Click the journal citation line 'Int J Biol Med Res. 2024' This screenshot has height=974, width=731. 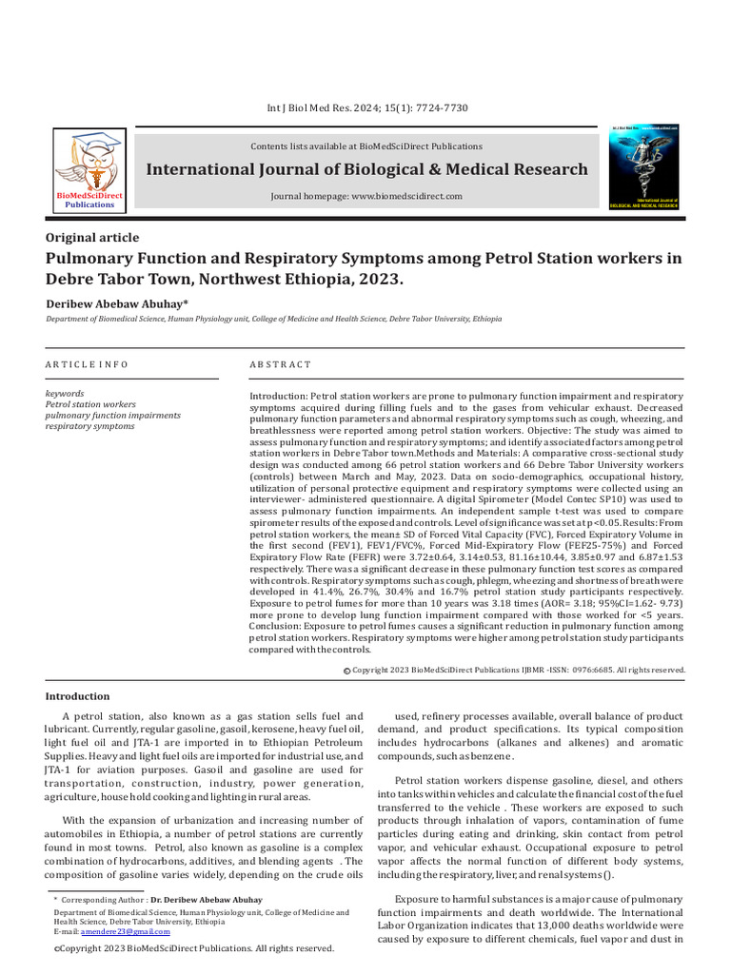click(x=366, y=108)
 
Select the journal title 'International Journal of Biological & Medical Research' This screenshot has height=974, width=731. click(x=366, y=169)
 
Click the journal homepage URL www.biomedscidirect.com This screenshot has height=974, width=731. click(x=366, y=196)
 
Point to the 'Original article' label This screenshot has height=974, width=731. click(x=93, y=238)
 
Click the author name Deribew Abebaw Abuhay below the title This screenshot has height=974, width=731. click(x=117, y=302)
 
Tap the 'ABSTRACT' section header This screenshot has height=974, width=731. click(x=280, y=364)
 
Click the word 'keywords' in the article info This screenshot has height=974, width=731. click(x=65, y=393)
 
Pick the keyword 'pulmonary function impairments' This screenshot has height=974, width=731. click(x=113, y=416)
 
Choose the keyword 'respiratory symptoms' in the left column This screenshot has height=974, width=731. click(x=90, y=426)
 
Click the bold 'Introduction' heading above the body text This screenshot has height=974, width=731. click(x=78, y=696)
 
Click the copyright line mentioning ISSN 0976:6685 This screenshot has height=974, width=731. click(x=518, y=670)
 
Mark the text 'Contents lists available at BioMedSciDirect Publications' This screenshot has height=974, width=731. click(x=366, y=146)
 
